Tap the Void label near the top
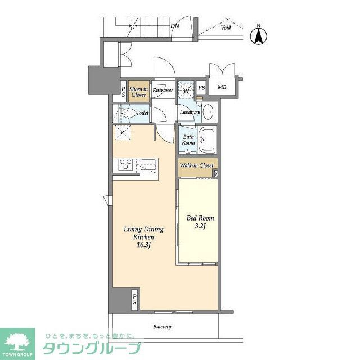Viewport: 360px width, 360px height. (x=226, y=27)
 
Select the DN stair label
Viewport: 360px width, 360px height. (x=175, y=26)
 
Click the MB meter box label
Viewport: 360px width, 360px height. (x=222, y=87)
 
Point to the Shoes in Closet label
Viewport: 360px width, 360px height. (x=138, y=92)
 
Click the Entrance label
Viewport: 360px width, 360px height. (x=163, y=91)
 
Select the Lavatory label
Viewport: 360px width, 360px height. (x=190, y=112)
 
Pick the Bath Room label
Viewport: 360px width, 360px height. (x=188, y=139)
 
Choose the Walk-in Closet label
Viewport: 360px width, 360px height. (x=196, y=165)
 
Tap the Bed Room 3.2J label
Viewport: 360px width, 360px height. (x=200, y=222)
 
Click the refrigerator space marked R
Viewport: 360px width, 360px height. (x=123, y=133)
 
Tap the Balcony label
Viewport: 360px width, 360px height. (x=162, y=327)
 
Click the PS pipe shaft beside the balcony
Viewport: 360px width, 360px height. (x=135, y=299)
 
